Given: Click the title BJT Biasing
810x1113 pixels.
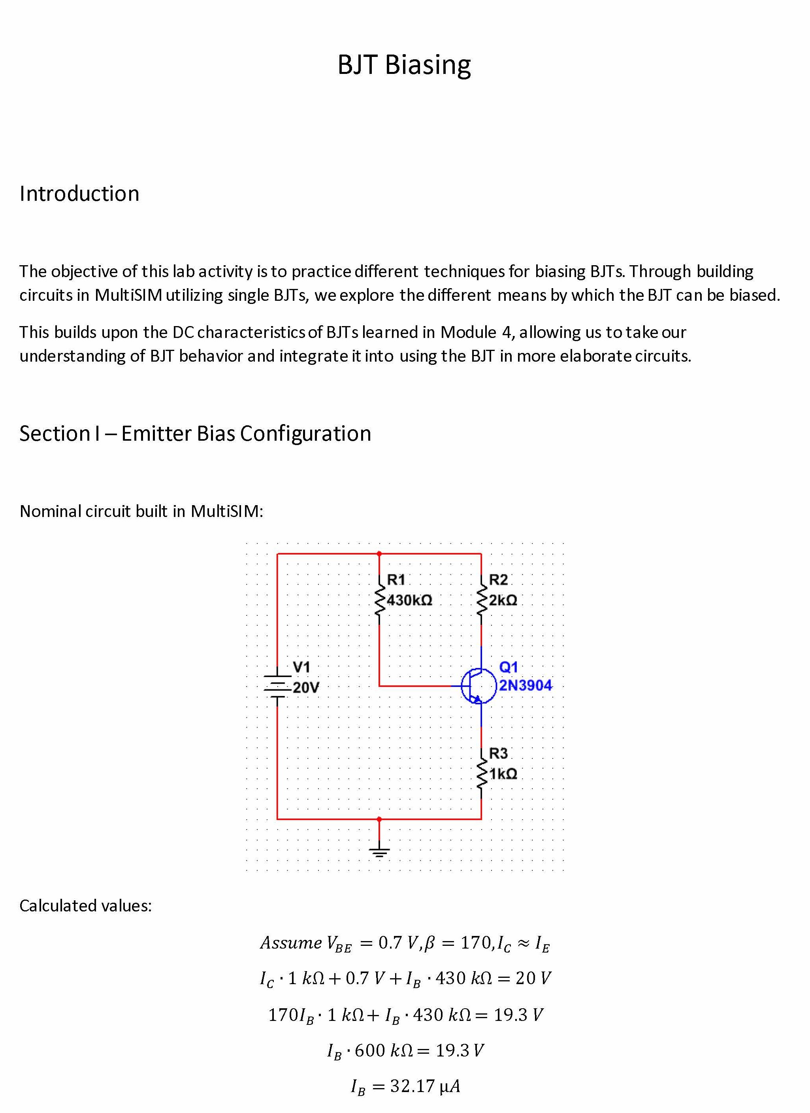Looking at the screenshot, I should coord(404,65).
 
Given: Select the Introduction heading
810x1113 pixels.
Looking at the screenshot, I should coord(79,193).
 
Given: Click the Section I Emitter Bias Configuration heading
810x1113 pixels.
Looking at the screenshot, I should coord(195,433).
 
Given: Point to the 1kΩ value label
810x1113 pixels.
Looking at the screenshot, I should coord(503,774).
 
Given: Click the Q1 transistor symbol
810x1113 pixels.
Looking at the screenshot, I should coord(478,686).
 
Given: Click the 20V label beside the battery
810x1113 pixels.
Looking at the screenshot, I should coord(306,688).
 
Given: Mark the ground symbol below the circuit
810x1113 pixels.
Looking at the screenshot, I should coord(379,852).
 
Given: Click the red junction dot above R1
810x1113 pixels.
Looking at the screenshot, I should coord(379,554).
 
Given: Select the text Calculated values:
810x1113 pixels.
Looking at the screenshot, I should coord(86,905).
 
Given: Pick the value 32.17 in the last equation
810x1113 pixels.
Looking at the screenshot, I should coord(412,1086).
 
